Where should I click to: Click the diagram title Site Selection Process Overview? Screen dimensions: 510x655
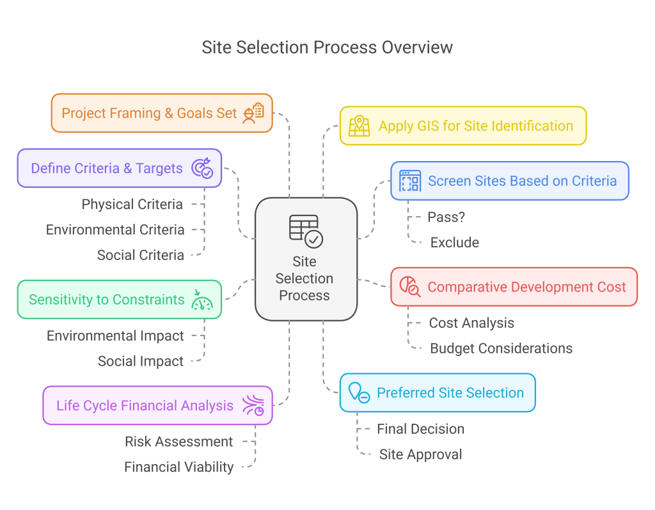point(327,47)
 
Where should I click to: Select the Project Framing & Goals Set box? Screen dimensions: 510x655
point(162,113)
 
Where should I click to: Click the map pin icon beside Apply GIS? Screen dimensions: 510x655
point(359,126)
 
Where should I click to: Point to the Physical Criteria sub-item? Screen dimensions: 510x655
point(132,205)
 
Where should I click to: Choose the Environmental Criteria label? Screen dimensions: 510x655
point(115,229)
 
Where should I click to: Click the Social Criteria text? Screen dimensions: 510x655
point(140,255)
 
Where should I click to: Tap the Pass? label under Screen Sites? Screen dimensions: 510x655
point(446,217)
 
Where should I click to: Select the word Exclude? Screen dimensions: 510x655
point(454,243)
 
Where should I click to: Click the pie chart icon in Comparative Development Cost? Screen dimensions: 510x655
point(410,287)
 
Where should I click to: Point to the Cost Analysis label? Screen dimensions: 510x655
point(471,323)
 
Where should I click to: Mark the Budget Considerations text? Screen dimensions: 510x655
point(501,348)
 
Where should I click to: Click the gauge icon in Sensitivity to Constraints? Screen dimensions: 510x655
point(203,300)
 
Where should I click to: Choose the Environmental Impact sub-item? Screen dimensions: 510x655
point(115,336)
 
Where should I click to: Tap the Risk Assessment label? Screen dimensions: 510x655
point(178,442)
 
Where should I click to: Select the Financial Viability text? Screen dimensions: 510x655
point(178,467)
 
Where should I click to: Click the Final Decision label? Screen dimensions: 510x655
point(420,429)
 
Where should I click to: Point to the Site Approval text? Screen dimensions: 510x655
point(420,454)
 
